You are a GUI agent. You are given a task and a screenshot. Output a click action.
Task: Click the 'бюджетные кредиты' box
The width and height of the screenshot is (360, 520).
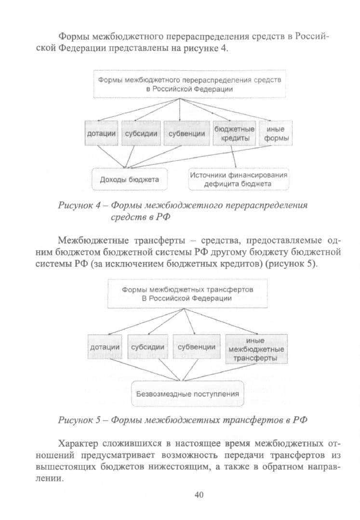pos(234,133)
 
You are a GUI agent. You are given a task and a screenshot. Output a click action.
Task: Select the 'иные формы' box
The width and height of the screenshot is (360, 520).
pos(275,133)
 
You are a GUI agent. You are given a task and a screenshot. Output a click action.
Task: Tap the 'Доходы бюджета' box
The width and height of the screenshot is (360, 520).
pos(130,180)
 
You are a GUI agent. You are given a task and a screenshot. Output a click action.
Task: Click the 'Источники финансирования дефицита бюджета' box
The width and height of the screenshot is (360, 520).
pos(239,180)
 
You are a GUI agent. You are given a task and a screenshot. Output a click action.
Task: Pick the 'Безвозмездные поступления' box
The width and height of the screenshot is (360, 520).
pos(187,394)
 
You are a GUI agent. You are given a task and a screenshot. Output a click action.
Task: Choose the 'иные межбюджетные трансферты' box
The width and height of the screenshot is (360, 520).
pos(256,349)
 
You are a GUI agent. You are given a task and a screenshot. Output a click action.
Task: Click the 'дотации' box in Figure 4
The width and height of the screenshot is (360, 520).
pos(101,133)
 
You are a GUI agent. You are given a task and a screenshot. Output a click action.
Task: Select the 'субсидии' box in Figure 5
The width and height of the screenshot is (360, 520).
pos(147,347)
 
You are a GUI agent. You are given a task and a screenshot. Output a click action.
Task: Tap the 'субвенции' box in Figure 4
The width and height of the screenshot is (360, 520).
pos(187,133)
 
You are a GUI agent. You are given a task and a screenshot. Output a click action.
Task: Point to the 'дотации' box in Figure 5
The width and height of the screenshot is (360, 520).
pos(105,347)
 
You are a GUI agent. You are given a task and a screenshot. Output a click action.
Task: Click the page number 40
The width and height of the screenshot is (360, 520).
pos(199,495)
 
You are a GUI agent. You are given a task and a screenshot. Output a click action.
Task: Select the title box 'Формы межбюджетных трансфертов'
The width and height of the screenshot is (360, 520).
pos(187,294)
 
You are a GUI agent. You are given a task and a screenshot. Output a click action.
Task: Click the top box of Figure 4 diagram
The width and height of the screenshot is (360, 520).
pos(189,84)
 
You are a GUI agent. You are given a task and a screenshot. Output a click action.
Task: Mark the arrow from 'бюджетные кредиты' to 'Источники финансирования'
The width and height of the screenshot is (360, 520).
pos(234,157)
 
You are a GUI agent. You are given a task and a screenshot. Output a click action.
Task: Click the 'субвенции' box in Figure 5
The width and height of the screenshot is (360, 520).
pos(197,347)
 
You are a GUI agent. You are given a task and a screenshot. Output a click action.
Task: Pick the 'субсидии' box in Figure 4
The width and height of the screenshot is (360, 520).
pos(141,133)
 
